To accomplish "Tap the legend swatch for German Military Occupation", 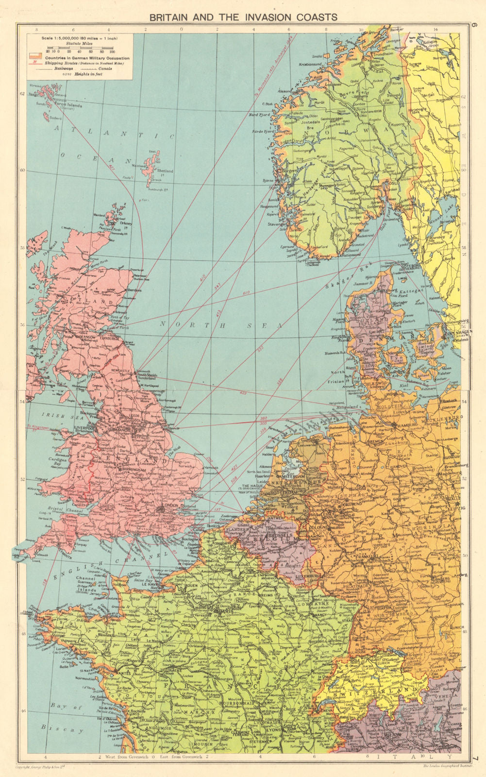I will tap(34, 57).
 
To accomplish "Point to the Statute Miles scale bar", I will tap(80, 48).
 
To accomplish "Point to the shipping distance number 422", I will tap(243, 392).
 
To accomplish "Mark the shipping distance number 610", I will tap(245, 293).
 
